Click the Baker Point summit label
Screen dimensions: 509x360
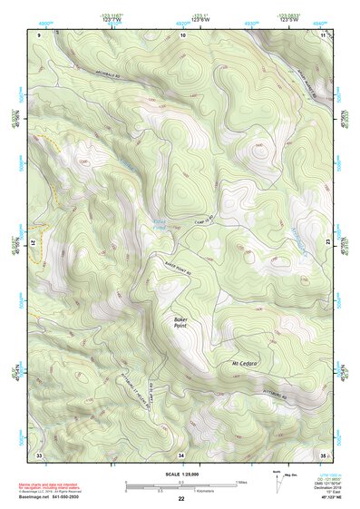(x=185, y=322)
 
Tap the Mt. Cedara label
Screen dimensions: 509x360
(x=245, y=364)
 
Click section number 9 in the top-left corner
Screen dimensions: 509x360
(x=40, y=34)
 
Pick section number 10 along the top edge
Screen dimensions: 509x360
(x=182, y=34)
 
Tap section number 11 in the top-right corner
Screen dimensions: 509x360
(x=323, y=34)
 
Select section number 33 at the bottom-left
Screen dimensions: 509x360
(x=39, y=454)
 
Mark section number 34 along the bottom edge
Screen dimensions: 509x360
(x=181, y=454)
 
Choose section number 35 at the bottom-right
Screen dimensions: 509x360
(x=323, y=454)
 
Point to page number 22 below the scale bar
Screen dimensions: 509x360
(x=181, y=500)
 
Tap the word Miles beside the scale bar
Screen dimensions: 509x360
(x=240, y=482)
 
